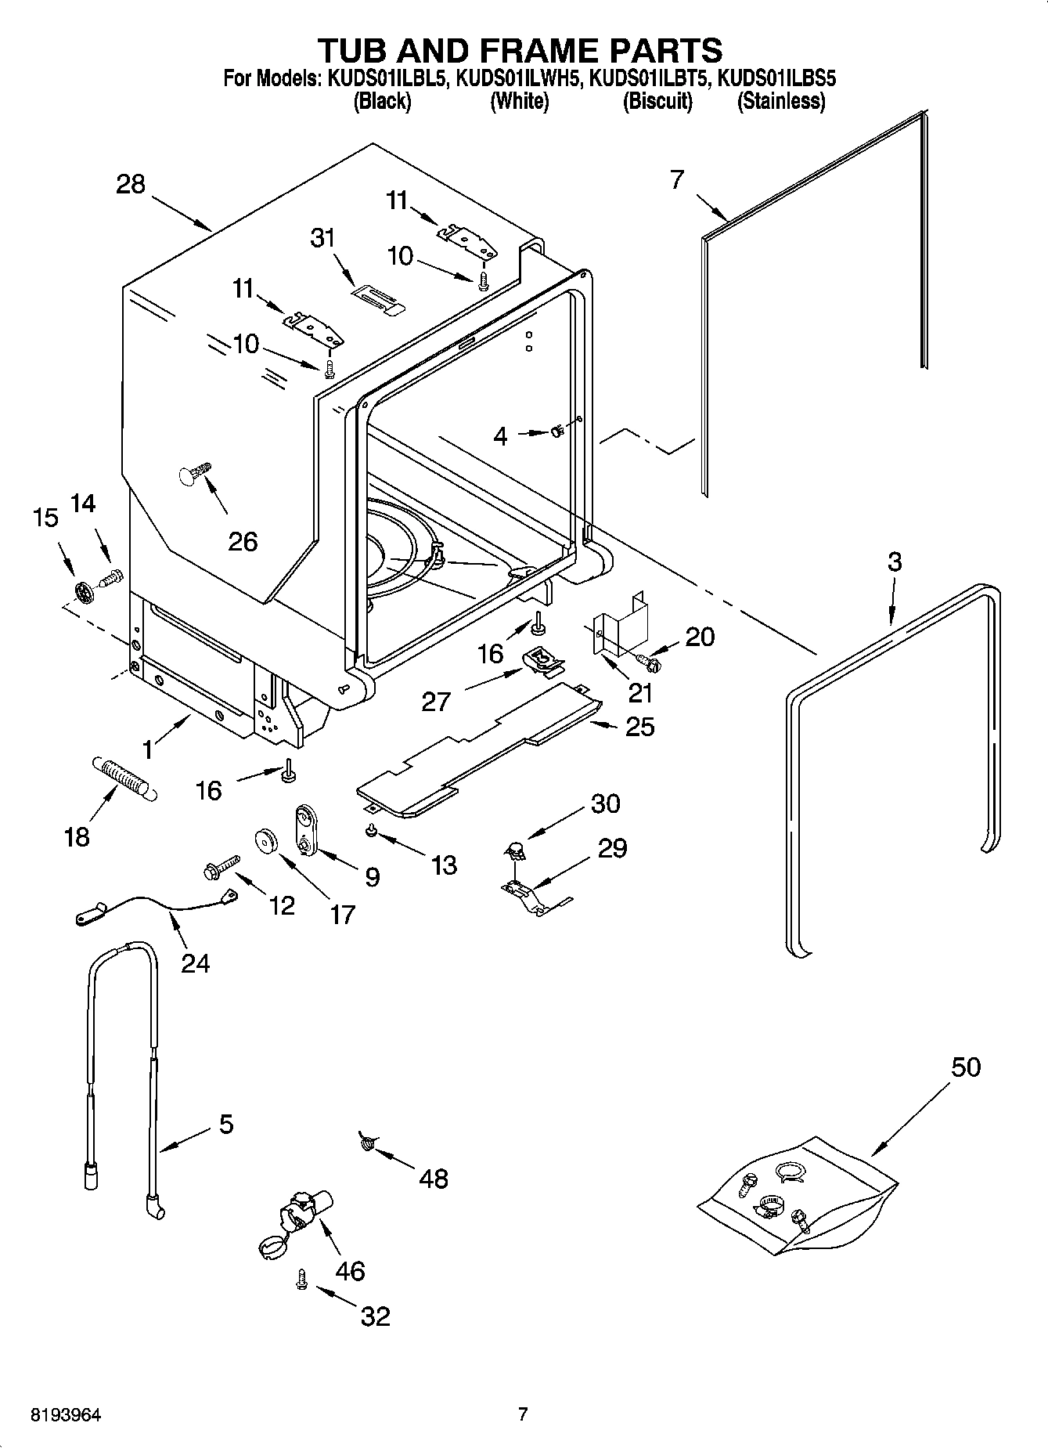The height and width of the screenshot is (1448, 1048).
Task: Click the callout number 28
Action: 131,185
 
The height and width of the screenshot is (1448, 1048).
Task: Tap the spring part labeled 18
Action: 125,775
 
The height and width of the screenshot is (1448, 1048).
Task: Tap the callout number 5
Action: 225,1125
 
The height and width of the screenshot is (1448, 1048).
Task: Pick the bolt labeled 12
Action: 218,867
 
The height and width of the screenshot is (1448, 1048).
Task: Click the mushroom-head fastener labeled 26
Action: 194,473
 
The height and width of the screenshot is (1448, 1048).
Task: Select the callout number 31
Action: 322,237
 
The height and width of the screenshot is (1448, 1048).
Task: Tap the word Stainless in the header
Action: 780,101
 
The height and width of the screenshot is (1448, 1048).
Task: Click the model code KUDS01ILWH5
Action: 518,78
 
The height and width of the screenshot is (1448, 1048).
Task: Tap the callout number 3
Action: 895,562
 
